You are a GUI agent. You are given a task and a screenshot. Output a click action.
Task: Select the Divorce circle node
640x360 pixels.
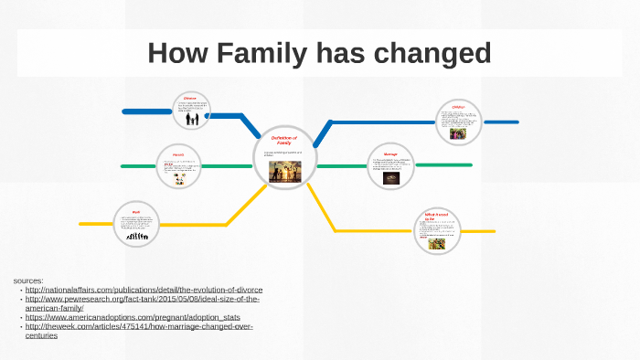190,111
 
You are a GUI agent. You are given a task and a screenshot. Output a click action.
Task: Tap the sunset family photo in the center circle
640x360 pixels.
284,172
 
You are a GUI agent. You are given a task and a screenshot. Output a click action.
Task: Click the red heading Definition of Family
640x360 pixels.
284,140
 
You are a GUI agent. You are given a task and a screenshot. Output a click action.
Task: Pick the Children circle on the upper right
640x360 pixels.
457,122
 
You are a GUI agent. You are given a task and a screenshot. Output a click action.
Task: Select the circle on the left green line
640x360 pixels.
178,166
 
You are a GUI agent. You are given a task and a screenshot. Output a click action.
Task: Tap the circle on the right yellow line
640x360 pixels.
436,230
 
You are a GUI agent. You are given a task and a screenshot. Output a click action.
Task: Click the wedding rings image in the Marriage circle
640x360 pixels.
390,178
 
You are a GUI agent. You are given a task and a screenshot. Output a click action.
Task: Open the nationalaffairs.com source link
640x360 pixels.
144,290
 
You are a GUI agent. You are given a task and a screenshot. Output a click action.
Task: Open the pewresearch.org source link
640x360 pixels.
143,299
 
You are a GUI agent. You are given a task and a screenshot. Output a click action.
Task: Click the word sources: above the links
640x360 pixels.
28,280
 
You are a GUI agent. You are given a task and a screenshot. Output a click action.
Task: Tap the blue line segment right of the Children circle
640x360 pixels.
500,122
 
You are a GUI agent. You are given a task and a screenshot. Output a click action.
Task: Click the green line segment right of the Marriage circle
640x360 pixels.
444,165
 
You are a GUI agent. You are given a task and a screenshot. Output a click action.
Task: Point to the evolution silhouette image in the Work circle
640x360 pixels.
138,237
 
